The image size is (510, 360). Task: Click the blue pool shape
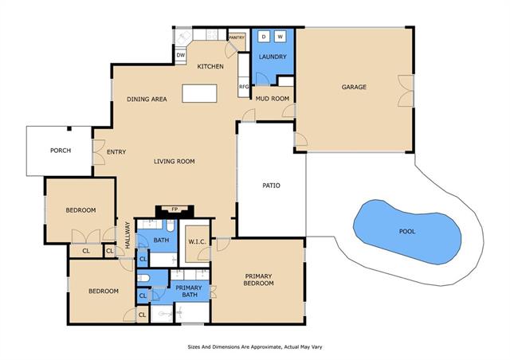[x=407, y=232]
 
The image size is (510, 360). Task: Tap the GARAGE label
[x=354, y=87]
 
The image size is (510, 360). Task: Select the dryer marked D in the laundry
[x=264, y=37]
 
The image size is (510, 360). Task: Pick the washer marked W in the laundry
[x=280, y=37]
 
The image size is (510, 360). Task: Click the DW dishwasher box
[x=181, y=55]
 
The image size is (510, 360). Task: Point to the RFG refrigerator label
[x=244, y=87]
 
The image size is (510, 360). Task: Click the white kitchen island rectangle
[x=199, y=93]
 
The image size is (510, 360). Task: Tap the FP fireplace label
[x=175, y=209]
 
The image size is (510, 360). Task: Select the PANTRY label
[x=237, y=37]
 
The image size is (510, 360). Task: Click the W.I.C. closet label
[x=197, y=242]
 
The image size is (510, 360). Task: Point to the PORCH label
[x=61, y=151]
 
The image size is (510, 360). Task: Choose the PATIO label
[x=271, y=186]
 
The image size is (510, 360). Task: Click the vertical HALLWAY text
[x=127, y=235]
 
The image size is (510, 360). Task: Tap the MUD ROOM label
[x=273, y=98]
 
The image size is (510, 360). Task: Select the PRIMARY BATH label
[x=189, y=291]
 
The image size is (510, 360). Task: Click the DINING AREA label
[x=147, y=99]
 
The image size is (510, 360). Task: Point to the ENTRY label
[x=116, y=152]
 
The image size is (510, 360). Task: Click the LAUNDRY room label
[x=273, y=57]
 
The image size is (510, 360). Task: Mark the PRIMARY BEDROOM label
[x=258, y=280]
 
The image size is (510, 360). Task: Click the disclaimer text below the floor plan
[x=255, y=347]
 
